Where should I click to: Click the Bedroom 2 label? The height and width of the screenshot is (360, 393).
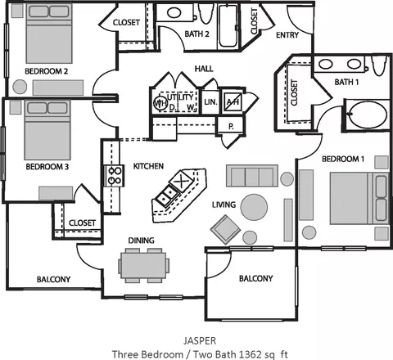pos(47,71)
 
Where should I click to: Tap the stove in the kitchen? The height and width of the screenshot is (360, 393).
pos(115,176)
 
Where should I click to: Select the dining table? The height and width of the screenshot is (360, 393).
pos(143,266)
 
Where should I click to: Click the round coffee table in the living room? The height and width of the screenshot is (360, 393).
pos(254,207)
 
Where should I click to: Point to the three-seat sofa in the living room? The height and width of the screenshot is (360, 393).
pos(252,176)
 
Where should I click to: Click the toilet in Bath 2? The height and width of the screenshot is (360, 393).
pos(205,13)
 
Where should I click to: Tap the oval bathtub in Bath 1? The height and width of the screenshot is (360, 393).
pos(368,115)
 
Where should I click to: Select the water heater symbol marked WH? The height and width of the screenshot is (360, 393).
pos(159,102)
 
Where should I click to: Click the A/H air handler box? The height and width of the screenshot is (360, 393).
pos(233,102)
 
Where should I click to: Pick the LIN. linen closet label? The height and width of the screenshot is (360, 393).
pos(210,102)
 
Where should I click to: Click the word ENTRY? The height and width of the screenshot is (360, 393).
pos(287,35)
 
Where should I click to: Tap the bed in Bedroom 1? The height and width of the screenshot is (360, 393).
pos(359,198)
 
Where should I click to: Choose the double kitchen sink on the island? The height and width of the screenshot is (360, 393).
pos(167,196)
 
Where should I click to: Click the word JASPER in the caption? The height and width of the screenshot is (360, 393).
pos(200,340)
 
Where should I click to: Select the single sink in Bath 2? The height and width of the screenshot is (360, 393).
pos(174,13)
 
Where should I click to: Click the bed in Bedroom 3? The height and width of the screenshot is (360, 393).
pos(47,130)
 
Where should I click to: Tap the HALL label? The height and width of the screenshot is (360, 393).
pos(204,69)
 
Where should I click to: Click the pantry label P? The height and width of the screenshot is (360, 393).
pos(231,126)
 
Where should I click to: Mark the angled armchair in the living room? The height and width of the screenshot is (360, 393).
pos(226,229)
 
